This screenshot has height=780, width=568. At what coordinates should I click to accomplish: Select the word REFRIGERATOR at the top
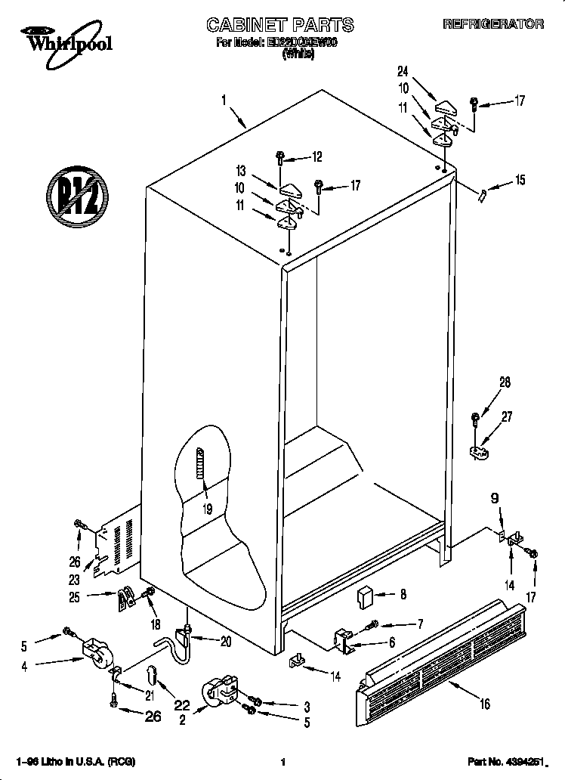click(x=492, y=24)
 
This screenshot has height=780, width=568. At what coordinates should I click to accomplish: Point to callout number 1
click(x=224, y=99)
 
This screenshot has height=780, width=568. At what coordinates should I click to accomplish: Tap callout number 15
click(x=519, y=181)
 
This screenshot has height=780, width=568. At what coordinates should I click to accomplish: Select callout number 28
click(x=504, y=383)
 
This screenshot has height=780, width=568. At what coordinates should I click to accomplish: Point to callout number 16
click(x=484, y=704)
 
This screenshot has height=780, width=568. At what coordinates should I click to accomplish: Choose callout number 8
click(x=403, y=595)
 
